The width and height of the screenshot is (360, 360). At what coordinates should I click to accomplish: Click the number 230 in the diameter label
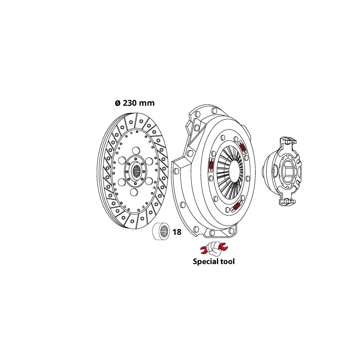(130, 103)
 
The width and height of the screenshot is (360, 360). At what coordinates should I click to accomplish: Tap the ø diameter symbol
(117, 103)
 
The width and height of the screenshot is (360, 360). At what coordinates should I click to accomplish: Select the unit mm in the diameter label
(147, 103)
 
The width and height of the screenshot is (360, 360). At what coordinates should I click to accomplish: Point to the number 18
(177, 232)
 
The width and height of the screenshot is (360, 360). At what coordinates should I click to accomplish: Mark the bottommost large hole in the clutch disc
(134, 193)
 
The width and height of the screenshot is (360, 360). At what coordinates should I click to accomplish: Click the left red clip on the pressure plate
(211, 165)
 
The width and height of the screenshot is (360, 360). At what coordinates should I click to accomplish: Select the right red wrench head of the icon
(224, 247)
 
